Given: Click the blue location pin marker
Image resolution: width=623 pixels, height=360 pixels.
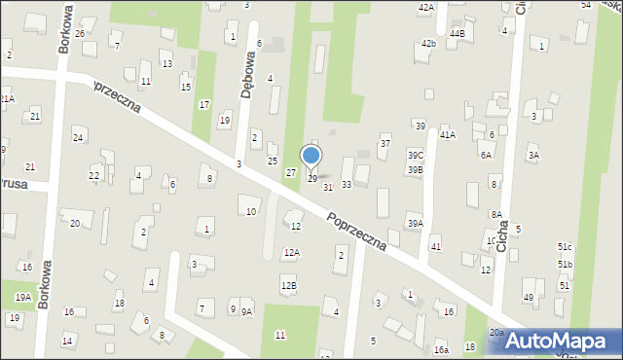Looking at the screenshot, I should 311,156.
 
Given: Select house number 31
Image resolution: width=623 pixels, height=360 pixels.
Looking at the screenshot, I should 328,186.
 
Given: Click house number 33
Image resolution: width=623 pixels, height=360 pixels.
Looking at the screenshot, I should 346,184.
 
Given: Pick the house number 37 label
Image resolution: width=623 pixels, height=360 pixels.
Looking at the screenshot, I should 385,144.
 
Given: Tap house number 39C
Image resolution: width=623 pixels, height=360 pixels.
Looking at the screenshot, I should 416,156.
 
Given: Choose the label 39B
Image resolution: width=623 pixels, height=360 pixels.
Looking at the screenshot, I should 416,169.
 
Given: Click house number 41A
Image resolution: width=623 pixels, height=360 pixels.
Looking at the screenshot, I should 447,134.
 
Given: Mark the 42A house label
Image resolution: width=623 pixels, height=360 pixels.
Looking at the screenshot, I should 425,7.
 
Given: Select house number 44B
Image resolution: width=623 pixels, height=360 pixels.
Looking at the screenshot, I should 457,34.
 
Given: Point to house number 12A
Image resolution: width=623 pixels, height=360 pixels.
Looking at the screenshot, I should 291,252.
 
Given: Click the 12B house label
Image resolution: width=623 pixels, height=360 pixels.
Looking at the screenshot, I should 288,285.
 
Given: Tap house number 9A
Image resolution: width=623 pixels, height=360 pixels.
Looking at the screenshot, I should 246,311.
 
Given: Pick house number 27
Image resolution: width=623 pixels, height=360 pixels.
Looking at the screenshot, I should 290,172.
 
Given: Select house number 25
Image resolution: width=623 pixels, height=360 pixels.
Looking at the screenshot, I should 273,161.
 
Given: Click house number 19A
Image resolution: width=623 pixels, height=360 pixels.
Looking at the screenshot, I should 22,297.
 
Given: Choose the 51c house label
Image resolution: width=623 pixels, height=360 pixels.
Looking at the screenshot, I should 565,247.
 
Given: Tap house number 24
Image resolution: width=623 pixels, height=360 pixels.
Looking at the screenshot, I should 77,137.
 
